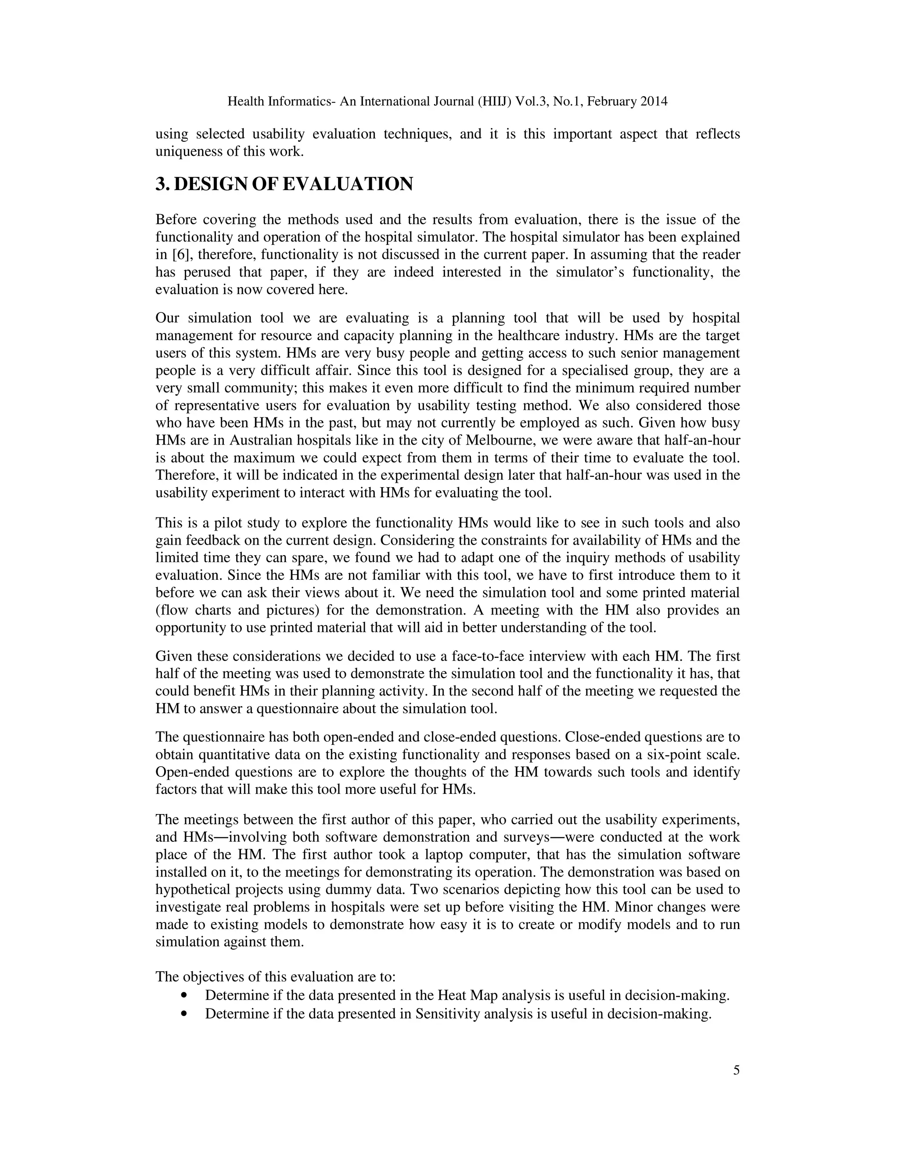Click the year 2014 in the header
click(x=654, y=101)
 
